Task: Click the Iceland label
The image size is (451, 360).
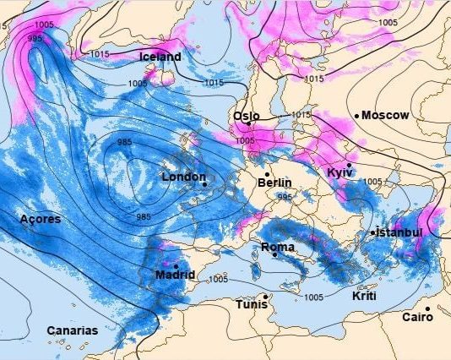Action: pyautogui.click(x=160, y=57)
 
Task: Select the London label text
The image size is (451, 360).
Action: pyautogui.click(x=182, y=177)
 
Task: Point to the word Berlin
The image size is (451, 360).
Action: pyautogui.click(x=274, y=183)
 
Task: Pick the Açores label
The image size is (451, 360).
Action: pyautogui.click(x=40, y=219)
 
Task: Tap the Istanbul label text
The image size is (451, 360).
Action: pyautogui.click(x=399, y=232)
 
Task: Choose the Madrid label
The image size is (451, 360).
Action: pyautogui.click(x=175, y=275)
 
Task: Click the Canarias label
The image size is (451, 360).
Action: pyautogui.click(x=72, y=330)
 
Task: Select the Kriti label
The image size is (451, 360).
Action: pyautogui.click(x=364, y=297)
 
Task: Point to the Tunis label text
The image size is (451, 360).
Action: pyautogui.click(x=251, y=304)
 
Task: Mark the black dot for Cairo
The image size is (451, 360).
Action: pyautogui.click(x=428, y=308)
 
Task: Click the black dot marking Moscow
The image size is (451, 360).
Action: pyautogui.click(x=357, y=115)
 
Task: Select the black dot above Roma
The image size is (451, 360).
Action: pyautogui.click(x=274, y=254)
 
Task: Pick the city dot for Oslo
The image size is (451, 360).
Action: pyautogui.click(x=248, y=123)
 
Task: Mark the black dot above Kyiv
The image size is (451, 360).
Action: pyautogui.click(x=349, y=165)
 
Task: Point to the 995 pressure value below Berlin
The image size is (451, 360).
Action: pyautogui.click(x=285, y=197)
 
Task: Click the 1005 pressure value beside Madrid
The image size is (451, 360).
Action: pyautogui.click(x=217, y=279)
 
